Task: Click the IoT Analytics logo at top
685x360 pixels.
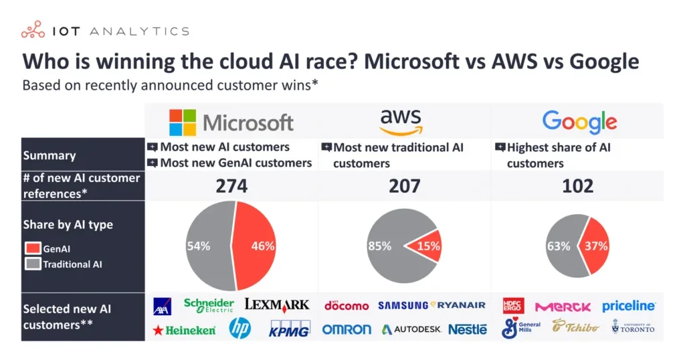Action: [x=104, y=30]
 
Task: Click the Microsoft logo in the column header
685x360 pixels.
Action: [x=231, y=122]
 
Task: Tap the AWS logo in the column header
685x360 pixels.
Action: [x=404, y=120]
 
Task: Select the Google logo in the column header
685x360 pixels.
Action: [x=579, y=122]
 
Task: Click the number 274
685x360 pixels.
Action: [x=231, y=186]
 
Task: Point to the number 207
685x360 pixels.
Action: [x=405, y=186]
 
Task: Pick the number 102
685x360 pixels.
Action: [x=578, y=186]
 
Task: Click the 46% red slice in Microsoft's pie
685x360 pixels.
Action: [x=258, y=246]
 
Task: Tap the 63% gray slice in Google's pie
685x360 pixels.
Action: [x=559, y=246]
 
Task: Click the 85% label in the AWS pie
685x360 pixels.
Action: [x=379, y=246]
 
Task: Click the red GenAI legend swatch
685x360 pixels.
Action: [x=33, y=249]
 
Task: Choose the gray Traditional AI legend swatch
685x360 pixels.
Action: [x=33, y=264]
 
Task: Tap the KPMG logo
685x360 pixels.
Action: [x=289, y=329]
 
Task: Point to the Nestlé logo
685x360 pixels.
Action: [x=467, y=329]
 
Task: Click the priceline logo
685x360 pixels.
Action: [x=628, y=306]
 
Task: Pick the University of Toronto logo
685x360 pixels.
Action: [x=633, y=327]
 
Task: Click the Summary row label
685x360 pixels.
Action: [x=50, y=155]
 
